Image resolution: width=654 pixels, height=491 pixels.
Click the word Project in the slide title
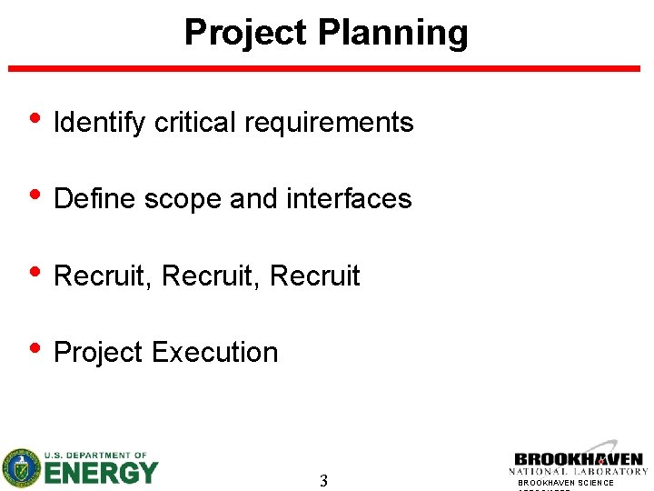click(245, 33)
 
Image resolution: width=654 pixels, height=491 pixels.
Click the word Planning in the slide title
click(392, 33)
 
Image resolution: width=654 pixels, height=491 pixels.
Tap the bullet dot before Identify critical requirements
click(35, 120)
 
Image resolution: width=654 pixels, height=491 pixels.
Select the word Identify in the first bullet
click(100, 123)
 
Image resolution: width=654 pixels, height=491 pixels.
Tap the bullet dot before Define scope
click(35, 196)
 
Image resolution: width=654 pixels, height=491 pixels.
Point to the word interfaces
click(349, 199)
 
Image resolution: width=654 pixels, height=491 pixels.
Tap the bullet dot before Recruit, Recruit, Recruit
click(35, 273)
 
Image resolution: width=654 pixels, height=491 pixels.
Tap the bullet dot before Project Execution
click(35, 349)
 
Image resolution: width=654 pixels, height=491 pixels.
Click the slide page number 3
click(323, 481)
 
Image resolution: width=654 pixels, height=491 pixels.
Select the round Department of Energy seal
click(21, 468)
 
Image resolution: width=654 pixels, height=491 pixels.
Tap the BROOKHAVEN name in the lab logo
click(578, 460)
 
